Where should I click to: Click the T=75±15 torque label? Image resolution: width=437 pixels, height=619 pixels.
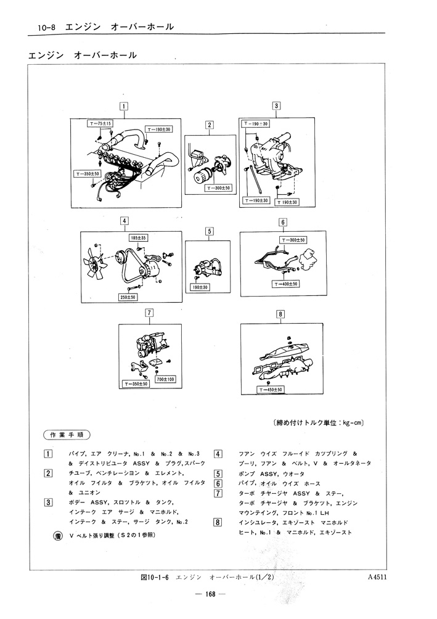tap(100, 124)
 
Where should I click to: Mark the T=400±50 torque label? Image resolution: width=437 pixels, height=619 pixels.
tap(285, 284)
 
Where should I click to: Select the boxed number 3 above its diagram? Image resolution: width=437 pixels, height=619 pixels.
tap(277, 105)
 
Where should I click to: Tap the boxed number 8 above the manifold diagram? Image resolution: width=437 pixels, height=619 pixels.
tap(280, 314)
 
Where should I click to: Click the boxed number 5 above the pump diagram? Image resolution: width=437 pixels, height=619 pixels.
tap(210, 231)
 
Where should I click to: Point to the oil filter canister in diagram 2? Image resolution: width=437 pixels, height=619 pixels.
tap(198, 176)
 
